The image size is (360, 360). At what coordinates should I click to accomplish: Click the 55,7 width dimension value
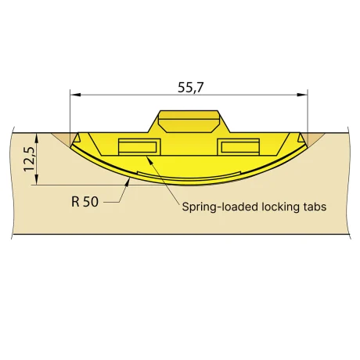click(x=190, y=88)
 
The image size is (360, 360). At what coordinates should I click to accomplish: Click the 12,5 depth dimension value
click(x=29, y=159)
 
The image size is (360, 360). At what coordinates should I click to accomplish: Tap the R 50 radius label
click(x=85, y=202)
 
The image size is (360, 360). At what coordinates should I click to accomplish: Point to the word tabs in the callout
click(x=314, y=207)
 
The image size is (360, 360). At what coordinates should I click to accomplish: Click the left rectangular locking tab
click(x=139, y=147)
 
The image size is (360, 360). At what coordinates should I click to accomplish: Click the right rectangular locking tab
click(x=239, y=147)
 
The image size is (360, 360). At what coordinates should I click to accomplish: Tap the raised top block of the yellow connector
click(x=189, y=121)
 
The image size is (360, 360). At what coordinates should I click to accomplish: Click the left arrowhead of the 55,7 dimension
click(x=76, y=95)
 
